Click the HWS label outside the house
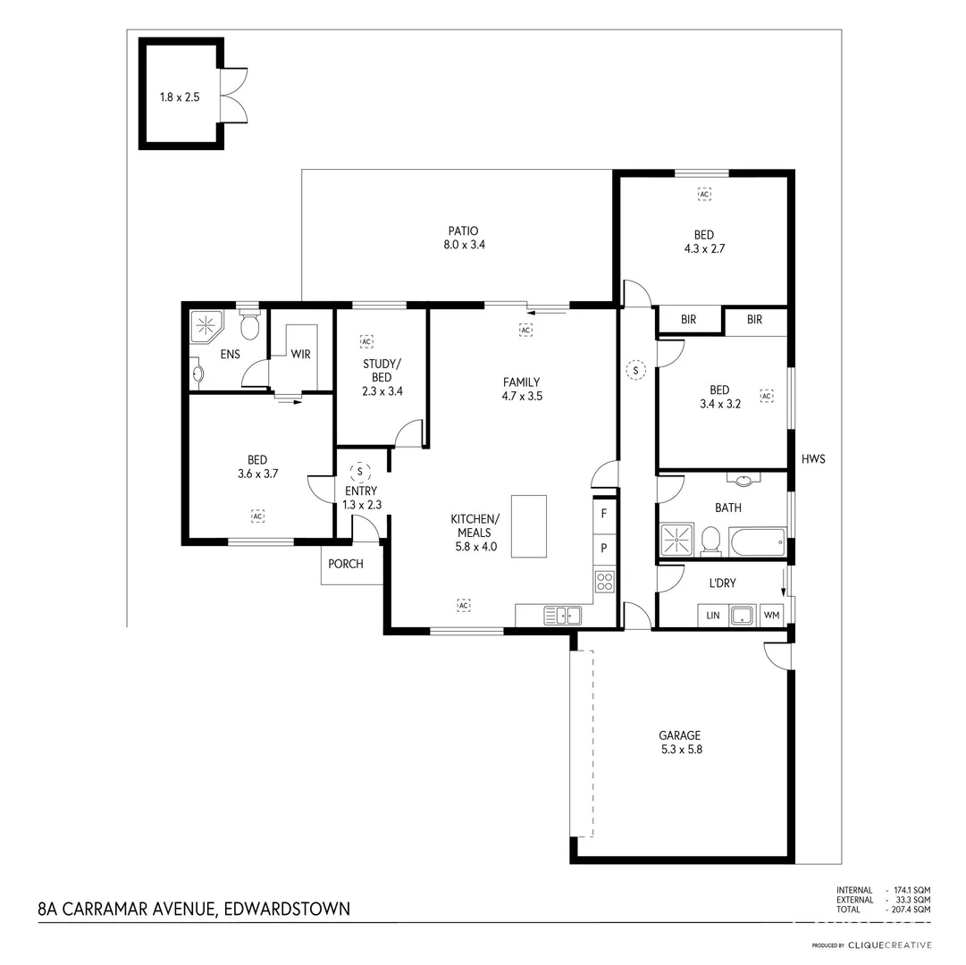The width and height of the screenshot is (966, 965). click(813, 459)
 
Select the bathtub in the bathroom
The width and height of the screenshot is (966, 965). click(756, 541)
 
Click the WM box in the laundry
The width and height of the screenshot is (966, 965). click(771, 616)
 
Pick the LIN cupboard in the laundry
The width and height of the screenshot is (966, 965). click(712, 616)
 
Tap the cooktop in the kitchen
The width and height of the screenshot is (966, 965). click(605, 582)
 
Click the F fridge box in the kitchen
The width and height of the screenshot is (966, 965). click(605, 514)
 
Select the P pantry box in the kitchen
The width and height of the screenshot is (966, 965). click(605, 548)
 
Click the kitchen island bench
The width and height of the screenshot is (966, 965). click(528, 526)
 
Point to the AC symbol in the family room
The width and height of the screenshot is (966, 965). click(525, 330)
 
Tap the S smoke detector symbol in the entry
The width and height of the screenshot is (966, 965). click(360, 471)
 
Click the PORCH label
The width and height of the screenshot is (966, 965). click(346, 564)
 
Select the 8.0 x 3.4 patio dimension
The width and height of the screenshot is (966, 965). click(464, 244)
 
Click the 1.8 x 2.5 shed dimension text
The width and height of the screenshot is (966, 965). click(180, 96)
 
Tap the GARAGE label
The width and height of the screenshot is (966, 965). click(679, 735)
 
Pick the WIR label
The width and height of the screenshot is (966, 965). click(300, 355)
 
